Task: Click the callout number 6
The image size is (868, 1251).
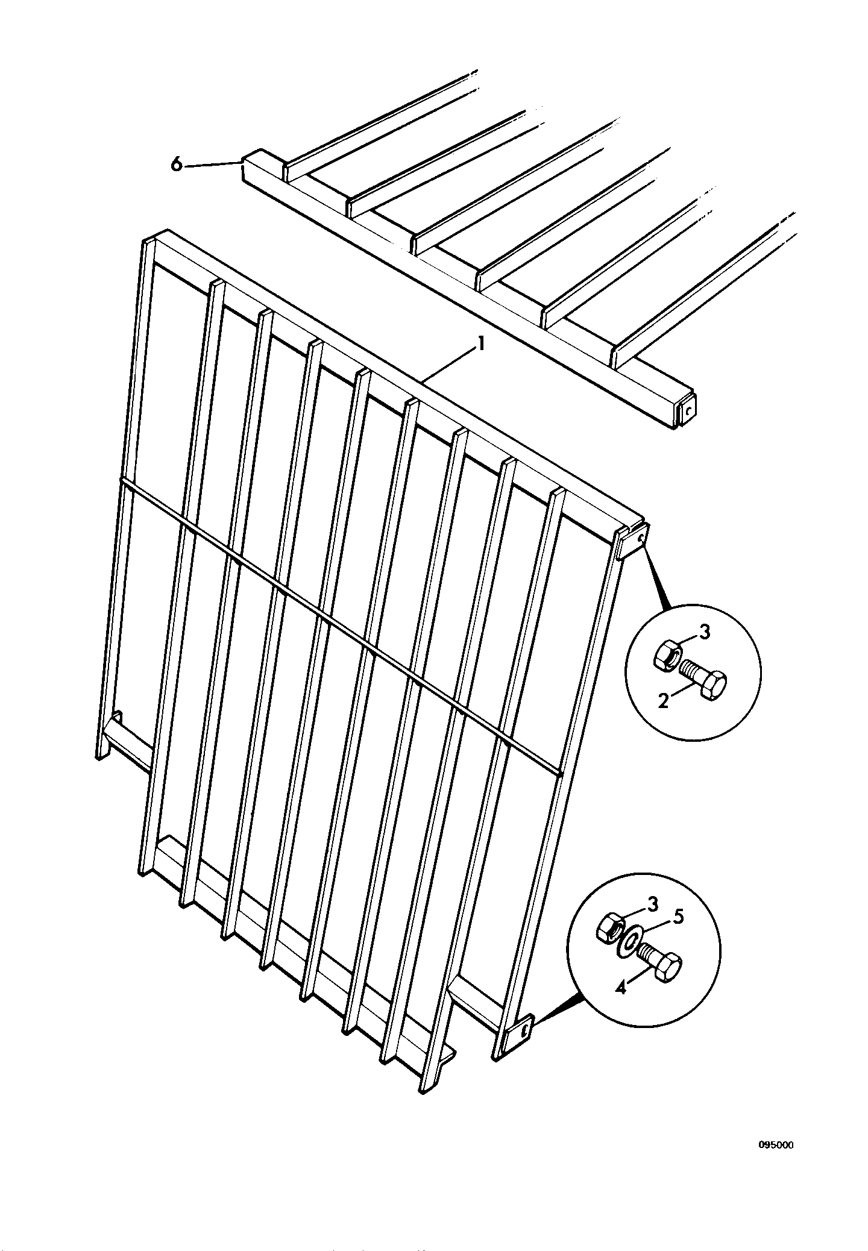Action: coord(176,164)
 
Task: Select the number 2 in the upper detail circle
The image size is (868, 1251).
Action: coord(663,701)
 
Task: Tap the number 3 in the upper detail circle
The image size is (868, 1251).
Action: coord(705,632)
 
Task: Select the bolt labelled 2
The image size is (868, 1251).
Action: coord(704,679)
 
